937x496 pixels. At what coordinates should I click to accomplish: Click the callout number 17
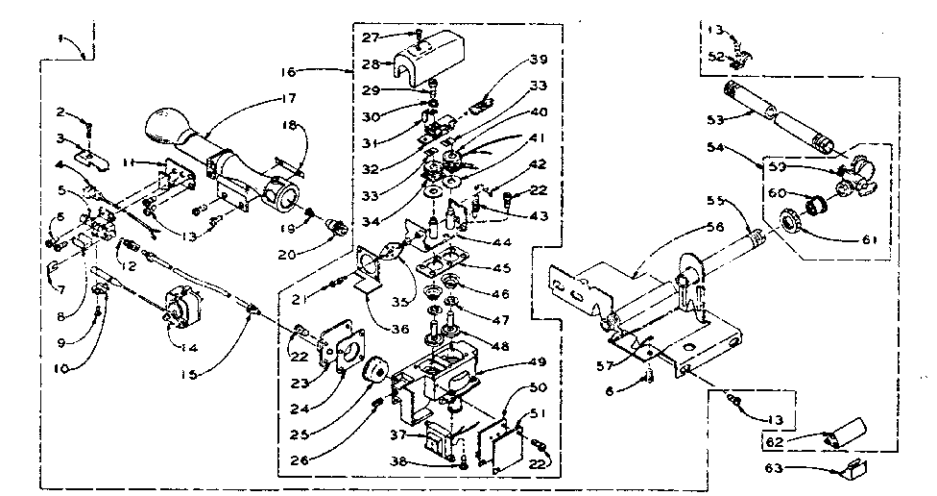pos(289,97)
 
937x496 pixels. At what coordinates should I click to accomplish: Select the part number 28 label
pos(369,64)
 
